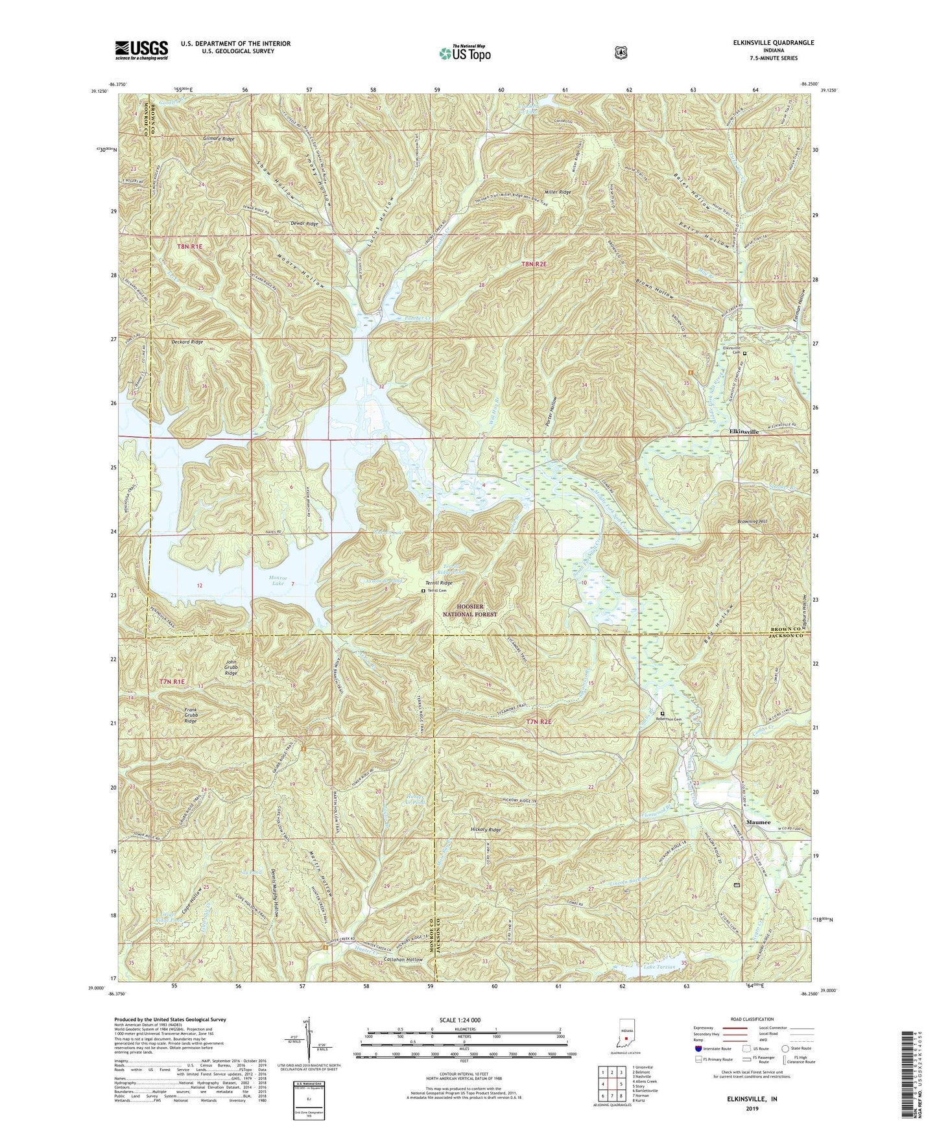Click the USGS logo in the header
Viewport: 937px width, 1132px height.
pyautogui.click(x=141, y=49)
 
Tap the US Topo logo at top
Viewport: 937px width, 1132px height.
pyautogui.click(x=464, y=53)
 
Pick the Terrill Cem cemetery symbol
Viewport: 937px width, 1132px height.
pyautogui.click(x=423, y=591)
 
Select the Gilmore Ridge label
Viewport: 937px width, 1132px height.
pyautogui.click(x=217, y=139)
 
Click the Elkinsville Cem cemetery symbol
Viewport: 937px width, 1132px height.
pyautogui.click(x=744, y=353)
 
